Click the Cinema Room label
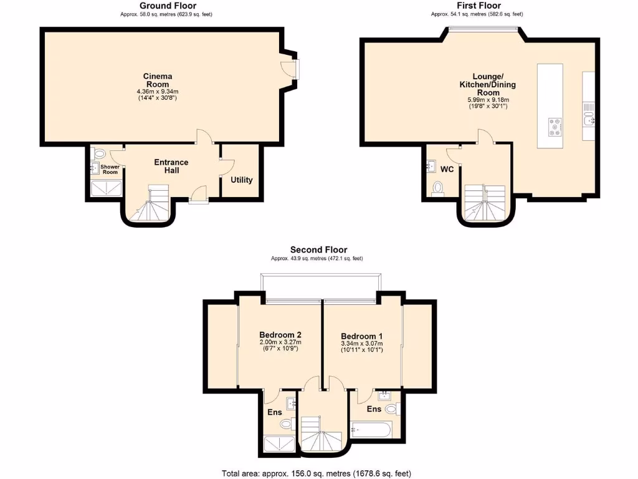pos(158,80)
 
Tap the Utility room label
pos(242,180)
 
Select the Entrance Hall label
pos(171,167)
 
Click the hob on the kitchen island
pos(554,127)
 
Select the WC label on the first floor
pos(447,170)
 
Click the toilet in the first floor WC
pos(437,188)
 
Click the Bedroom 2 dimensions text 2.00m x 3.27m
pos(280,342)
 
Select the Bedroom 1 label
pos(361,335)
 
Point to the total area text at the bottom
pos(317,473)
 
